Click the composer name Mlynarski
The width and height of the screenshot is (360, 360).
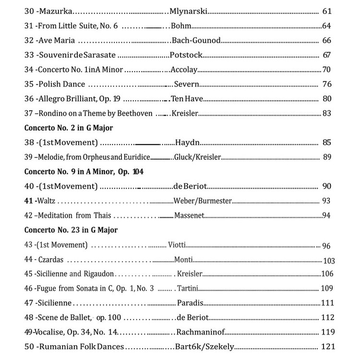190,11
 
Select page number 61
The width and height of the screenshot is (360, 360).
328,11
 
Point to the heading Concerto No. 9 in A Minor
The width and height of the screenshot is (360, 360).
84,171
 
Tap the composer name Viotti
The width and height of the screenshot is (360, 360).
177,245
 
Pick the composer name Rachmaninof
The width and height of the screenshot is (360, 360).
201,332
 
